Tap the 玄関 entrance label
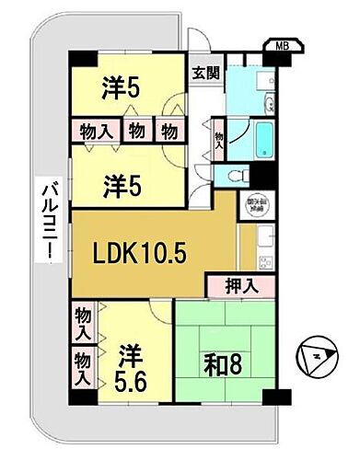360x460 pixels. [x=203, y=73]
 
